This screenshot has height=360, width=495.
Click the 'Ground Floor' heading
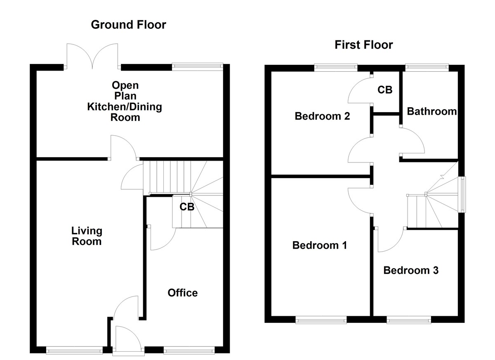[x=128, y=25]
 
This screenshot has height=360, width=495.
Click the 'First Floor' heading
[x=363, y=45]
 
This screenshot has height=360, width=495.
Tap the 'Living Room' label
[x=87, y=236]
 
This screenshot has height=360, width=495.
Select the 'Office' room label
[x=182, y=293]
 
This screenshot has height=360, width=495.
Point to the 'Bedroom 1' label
[x=319, y=245]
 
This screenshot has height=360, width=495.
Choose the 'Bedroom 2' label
[x=322, y=116]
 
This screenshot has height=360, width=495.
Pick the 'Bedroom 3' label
[x=411, y=271]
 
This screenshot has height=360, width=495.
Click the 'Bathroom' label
[x=431, y=111]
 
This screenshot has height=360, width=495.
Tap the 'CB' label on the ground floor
[x=186, y=207]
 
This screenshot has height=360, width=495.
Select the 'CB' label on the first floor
[x=385, y=89]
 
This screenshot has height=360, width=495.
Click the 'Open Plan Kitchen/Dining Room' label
[x=124, y=101]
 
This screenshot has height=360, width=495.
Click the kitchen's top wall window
[x=197, y=66]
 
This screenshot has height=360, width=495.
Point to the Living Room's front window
[x=74, y=351]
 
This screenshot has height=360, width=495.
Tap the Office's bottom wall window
[x=189, y=351]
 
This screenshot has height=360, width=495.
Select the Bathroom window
[x=427, y=67]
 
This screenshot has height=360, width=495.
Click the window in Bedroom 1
[x=321, y=320]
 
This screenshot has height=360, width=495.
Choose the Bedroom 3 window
[x=409, y=320]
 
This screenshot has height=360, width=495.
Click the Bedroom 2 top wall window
[x=335, y=67]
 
